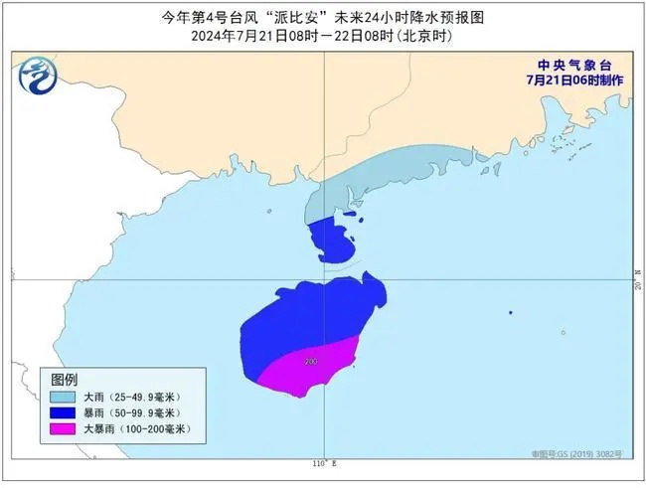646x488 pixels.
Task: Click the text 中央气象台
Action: point(565,62)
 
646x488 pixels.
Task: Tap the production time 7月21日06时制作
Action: point(565,78)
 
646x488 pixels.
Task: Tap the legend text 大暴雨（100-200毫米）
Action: point(137,428)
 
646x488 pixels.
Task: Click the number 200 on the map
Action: point(312,361)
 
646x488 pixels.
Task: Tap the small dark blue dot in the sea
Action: point(510,314)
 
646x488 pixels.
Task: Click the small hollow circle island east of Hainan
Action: point(563,333)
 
